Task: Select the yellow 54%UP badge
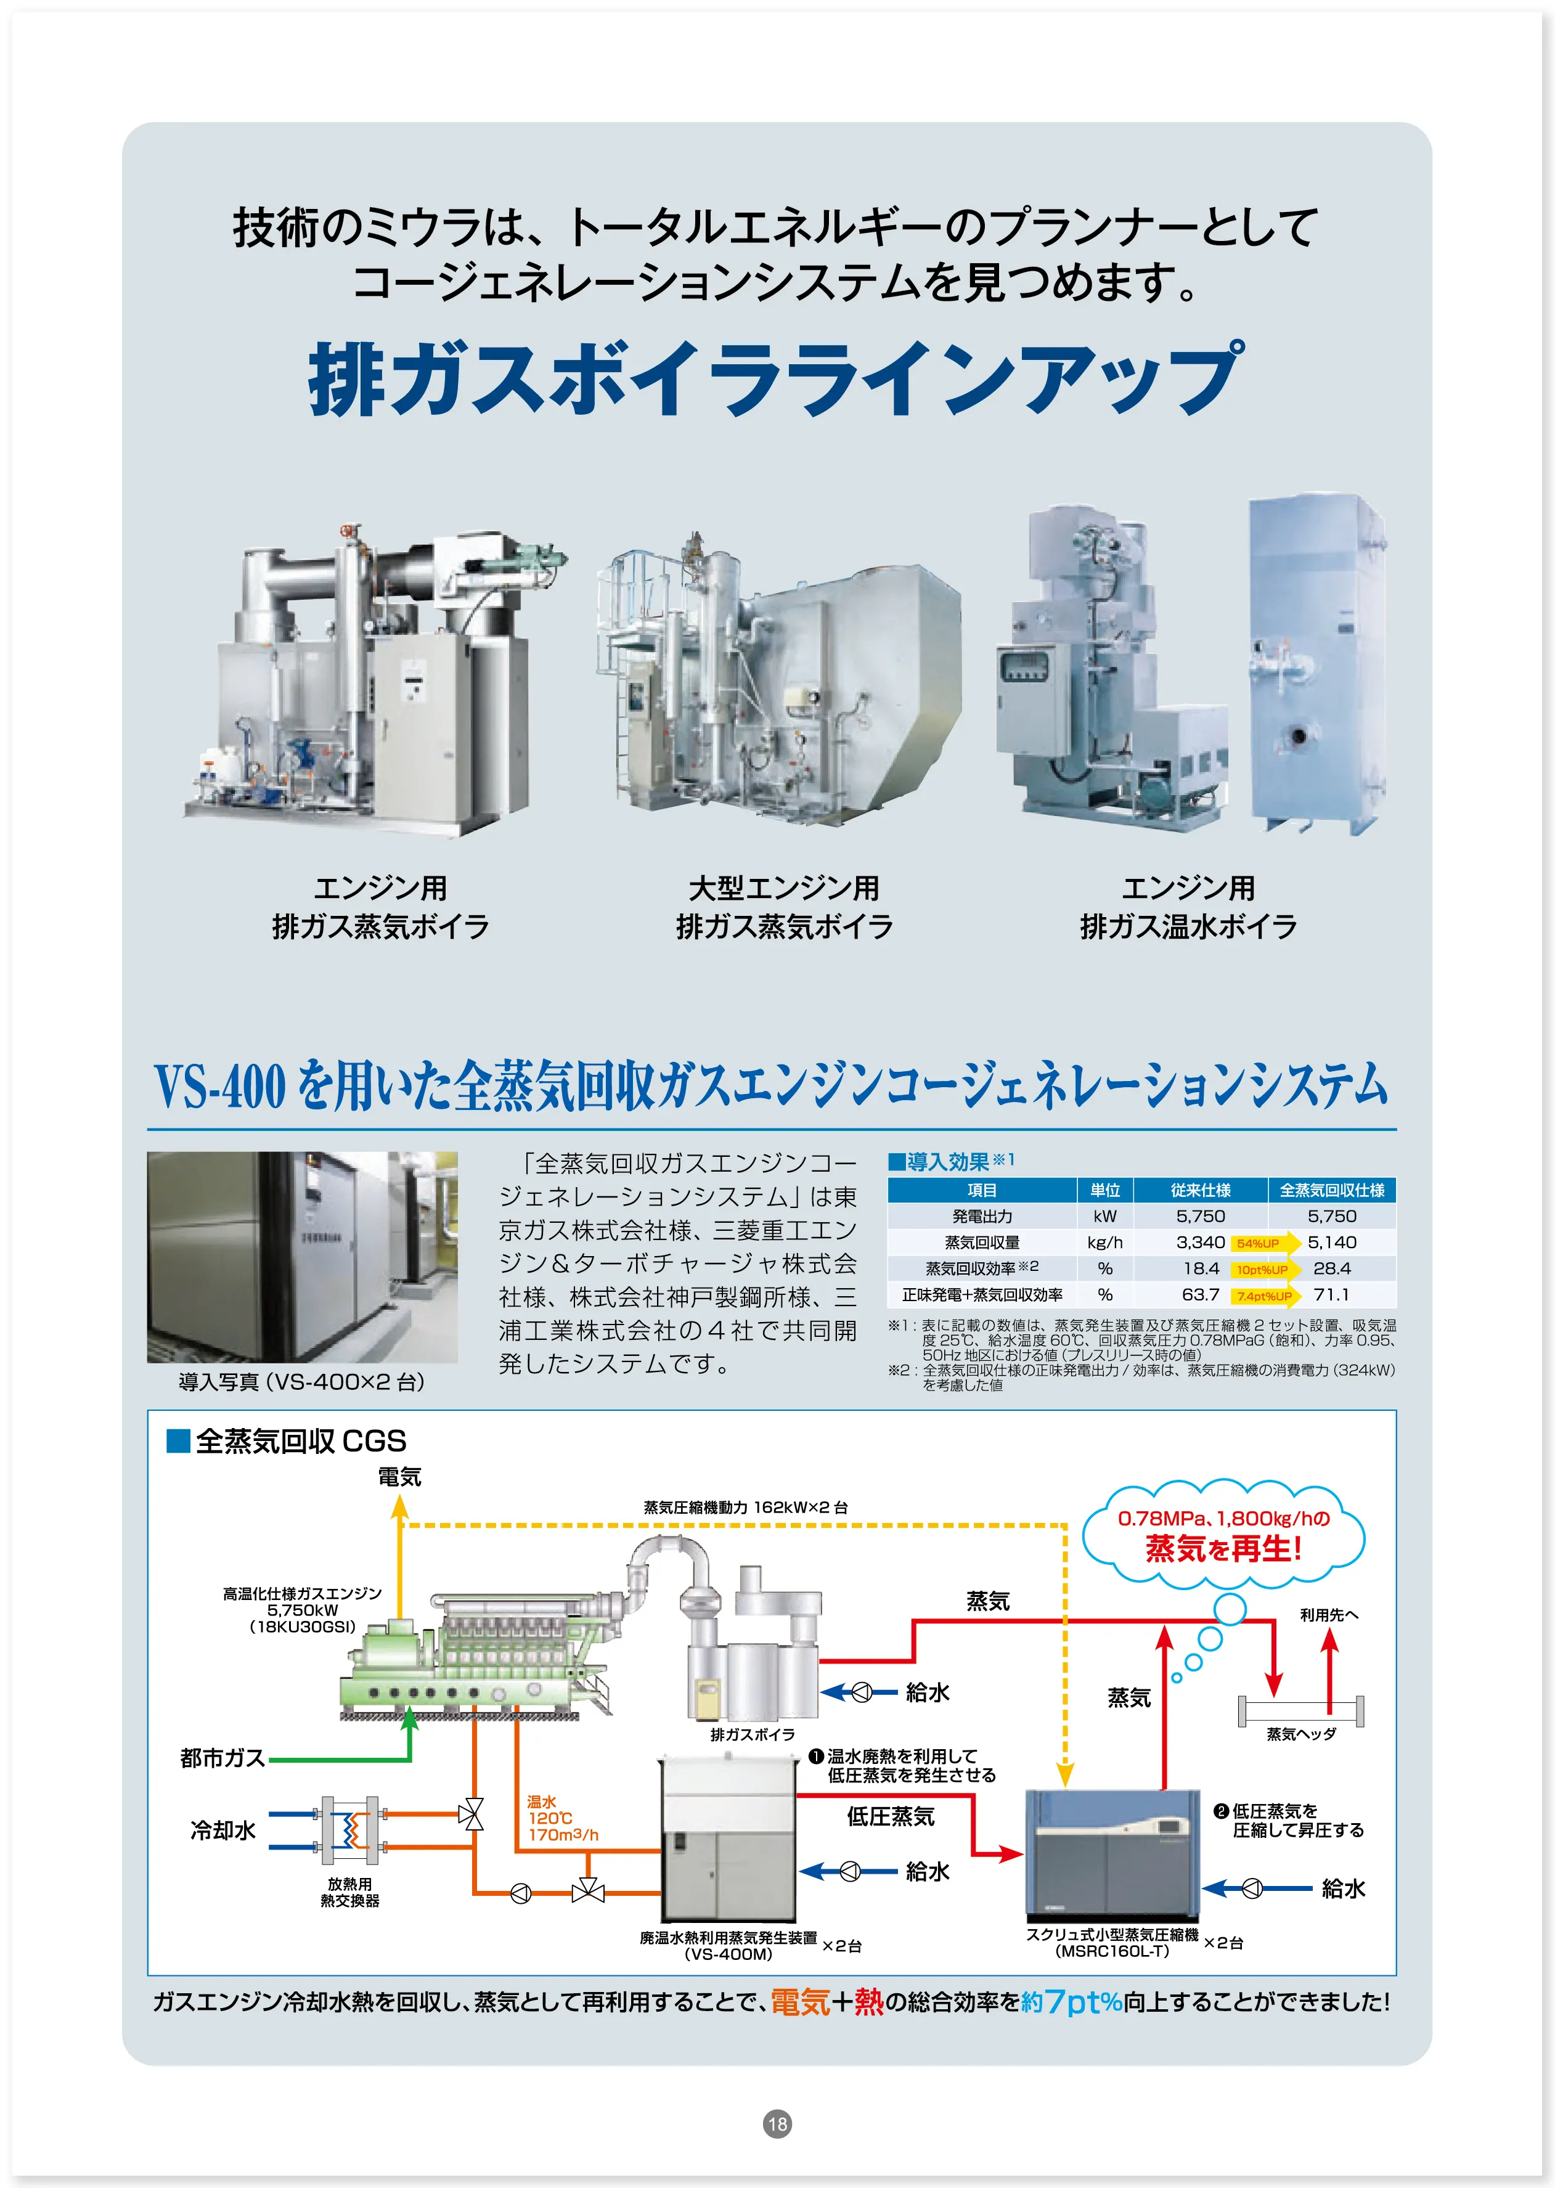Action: point(1257,1243)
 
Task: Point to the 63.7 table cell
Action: point(1200,1294)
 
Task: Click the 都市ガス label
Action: point(222,1757)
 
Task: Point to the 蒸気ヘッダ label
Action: point(1301,1733)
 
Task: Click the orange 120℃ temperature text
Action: point(550,1818)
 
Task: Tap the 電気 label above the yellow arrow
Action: point(399,1477)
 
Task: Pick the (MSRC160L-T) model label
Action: point(1112,1951)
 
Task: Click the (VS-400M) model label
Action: point(728,1953)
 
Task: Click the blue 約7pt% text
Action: point(1071,2001)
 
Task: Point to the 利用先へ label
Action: point(1328,1614)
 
